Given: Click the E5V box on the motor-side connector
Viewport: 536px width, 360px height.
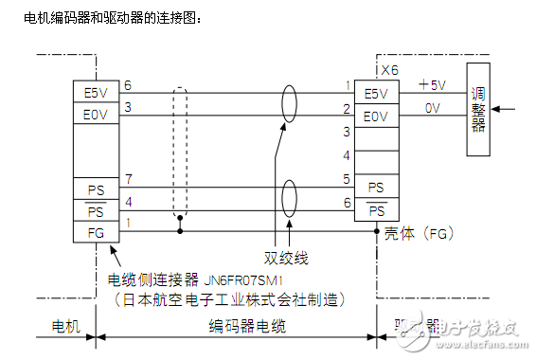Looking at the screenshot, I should (x=97, y=93).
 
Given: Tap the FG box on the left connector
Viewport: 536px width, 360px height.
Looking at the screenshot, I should (x=97, y=231).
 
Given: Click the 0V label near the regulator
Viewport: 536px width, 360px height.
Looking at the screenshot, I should (x=433, y=108).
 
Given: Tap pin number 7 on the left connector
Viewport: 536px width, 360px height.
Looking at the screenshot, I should (x=128, y=178).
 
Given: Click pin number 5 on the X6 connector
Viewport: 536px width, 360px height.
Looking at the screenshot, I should (x=347, y=178).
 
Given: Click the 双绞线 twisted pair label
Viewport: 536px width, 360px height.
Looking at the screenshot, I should (x=286, y=257).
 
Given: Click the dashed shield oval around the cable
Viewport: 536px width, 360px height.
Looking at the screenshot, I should (x=181, y=156).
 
